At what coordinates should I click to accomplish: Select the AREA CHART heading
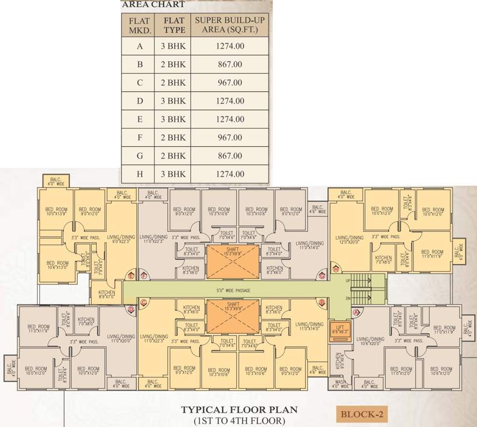pos(153,5)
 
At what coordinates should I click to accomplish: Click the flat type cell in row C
pos(173,82)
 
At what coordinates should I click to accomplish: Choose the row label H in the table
pos(140,174)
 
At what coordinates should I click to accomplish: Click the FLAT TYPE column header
pos(173,25)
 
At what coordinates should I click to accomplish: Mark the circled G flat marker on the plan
pos(321,276)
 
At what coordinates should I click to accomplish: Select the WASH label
pos(339,383)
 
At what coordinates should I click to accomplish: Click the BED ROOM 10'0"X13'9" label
pos(56,212)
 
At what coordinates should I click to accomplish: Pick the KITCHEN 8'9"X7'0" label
pos(106,294)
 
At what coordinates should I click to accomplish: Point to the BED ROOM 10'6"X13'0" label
pos(57,265)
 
